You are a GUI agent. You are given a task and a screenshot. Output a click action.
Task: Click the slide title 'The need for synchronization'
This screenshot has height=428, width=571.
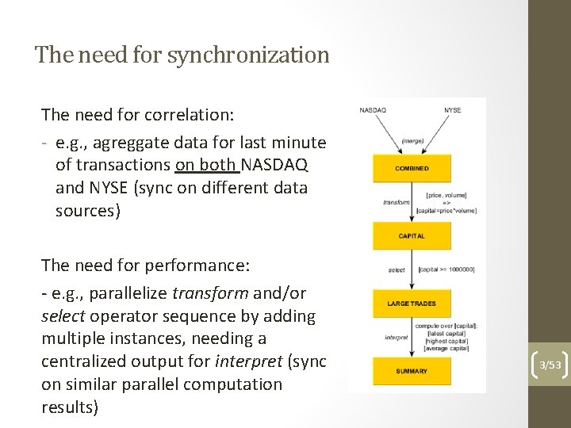tap(182, 55)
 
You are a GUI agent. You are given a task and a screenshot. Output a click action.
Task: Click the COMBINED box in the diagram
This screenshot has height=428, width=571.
tap(412, 168)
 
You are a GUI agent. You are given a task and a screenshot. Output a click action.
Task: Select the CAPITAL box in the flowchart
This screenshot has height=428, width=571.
tap(412, 235)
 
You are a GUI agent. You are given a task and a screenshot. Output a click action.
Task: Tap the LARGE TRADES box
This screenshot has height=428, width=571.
tap(412, 304)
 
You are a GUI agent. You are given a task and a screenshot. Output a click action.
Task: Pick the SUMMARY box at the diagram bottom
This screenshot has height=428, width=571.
tap(412, 371)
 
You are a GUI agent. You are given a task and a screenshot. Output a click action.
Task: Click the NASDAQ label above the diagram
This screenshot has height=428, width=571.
tap(373, 109)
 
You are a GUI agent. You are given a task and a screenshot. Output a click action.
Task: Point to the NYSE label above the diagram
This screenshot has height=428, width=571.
tap(452, 109)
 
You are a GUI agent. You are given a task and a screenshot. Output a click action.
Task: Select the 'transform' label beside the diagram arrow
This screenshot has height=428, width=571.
tap(396, 202)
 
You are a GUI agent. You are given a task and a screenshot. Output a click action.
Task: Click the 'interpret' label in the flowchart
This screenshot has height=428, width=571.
tap(397, 337)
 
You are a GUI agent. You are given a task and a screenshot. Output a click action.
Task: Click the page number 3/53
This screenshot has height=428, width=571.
tap(550, 365)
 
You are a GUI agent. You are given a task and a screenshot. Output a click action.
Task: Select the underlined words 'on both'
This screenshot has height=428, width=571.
tap(207, 165)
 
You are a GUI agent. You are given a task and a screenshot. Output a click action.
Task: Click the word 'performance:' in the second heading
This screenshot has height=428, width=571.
tap(195, 269)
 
